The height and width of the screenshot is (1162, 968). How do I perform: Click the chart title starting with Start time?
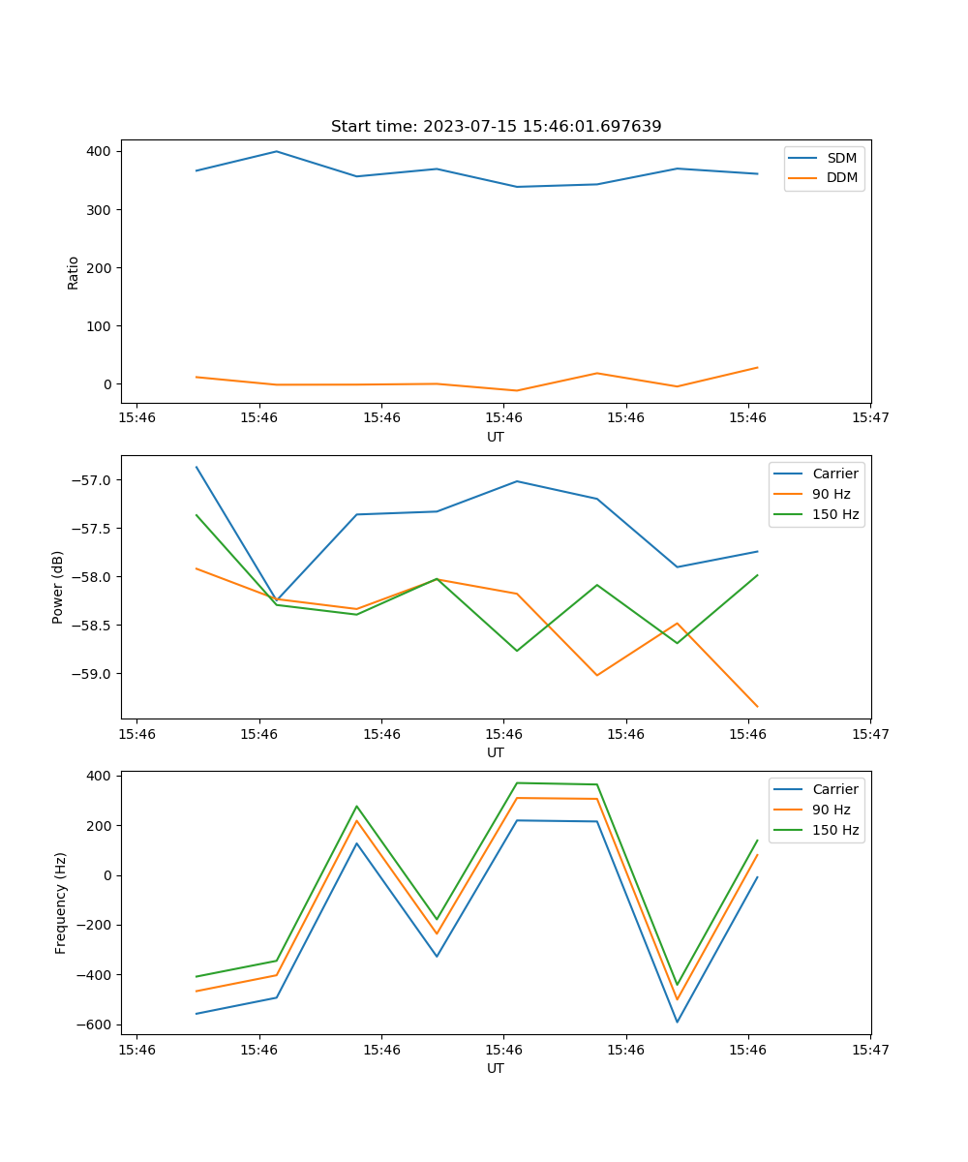pos(496,127)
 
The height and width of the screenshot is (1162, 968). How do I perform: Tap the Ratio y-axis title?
pos(74,272)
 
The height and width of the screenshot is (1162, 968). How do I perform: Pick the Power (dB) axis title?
pos(58,587)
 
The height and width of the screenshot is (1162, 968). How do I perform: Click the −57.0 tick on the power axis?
pos(93,480)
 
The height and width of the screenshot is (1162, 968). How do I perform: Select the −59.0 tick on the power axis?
pos(93,674)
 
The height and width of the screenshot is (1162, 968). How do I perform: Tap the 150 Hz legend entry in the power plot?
pos(835,514)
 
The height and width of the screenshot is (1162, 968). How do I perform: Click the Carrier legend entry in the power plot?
pos(834,474)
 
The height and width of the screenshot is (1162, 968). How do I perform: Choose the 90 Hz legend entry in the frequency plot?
pos(831,810)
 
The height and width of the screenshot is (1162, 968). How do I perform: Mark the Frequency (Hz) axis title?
pos(61,902)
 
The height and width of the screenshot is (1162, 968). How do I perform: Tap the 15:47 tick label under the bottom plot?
pos(870,1049)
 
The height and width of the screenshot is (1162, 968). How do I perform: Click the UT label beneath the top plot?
pos(496,437)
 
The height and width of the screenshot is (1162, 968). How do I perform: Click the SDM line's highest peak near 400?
pos(277,151)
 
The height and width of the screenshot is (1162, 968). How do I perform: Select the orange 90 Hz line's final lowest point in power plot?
pos(757,707)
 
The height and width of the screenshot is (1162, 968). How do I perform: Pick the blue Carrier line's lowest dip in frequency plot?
pos(677,1022)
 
